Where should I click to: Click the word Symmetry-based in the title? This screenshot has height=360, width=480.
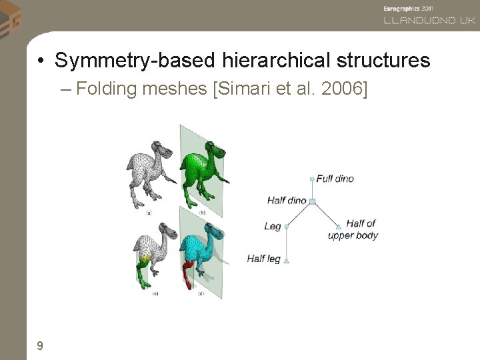pyautogui.click(x=133, y=61)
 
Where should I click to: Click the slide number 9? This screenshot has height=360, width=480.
pyautogui.click(x=41, y=345)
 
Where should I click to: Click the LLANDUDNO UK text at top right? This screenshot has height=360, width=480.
pyautogui.click(x=429, y=21)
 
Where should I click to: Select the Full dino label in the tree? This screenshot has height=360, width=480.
pyautogui.click(x=335, y=179)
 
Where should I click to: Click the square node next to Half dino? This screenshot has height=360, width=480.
pyautogui.click(x=312, y=201)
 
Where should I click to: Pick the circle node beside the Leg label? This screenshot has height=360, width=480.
pyautogui.click(x=286, y=227)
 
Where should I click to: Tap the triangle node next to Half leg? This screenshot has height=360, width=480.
pyautogui.click(x=286, y=260)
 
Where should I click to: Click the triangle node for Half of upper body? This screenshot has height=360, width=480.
pyautogui.click(x=339, y=226)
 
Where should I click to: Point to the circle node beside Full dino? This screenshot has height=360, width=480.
pyautogui.click(x=312, y=179)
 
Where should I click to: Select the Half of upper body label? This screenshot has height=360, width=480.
pyautogui.click(x=353, y=229)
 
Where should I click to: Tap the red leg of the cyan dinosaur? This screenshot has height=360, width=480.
pyautogui.click(x=189, y=273)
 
